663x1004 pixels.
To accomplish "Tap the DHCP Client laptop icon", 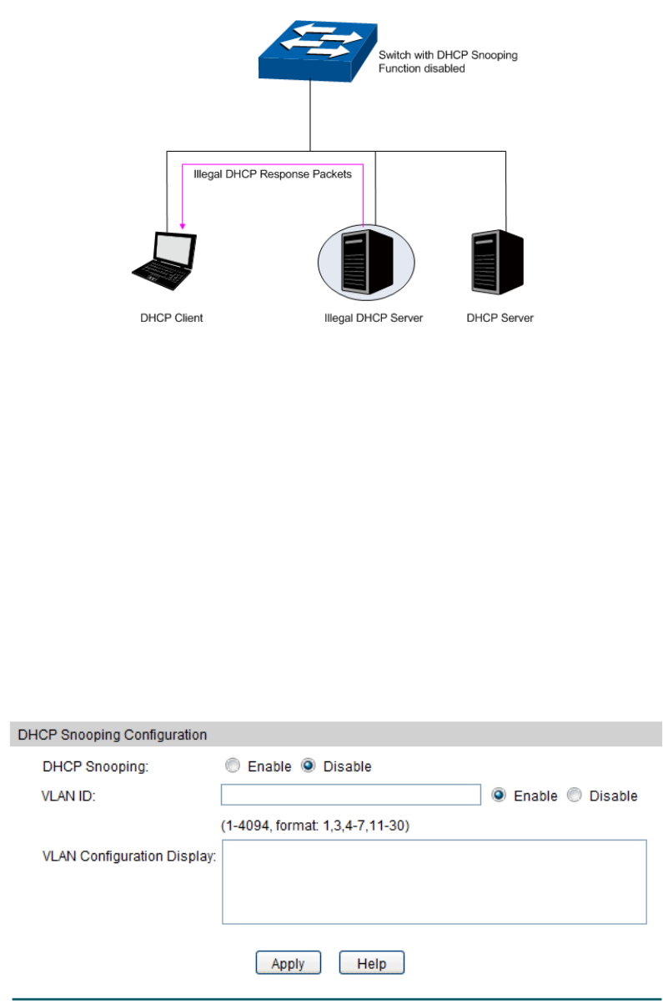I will tap(166, 261).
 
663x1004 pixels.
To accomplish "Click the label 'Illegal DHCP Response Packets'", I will tap(273, 175).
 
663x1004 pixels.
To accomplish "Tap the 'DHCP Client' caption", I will tap(172, 318).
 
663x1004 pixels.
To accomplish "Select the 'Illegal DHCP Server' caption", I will tap(374, 318).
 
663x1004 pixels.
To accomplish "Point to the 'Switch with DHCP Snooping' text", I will tap(448, 56).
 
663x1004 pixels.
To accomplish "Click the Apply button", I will tap(288, 963).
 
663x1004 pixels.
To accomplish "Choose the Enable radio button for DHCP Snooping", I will tap(234, 766).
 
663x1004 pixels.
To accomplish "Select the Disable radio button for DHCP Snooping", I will tap(309, 766).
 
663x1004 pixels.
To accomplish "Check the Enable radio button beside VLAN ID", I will tap(500, 796).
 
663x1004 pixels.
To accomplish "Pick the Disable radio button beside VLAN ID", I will tap(575, 796).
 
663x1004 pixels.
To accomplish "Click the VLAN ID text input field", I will tap(351, 795).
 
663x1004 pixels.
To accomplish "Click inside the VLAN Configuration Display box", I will tap(434, 881).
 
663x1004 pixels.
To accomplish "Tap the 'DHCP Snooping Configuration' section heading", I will tap(113, 735).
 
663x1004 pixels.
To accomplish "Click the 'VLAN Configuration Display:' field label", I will tap(129, 856).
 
